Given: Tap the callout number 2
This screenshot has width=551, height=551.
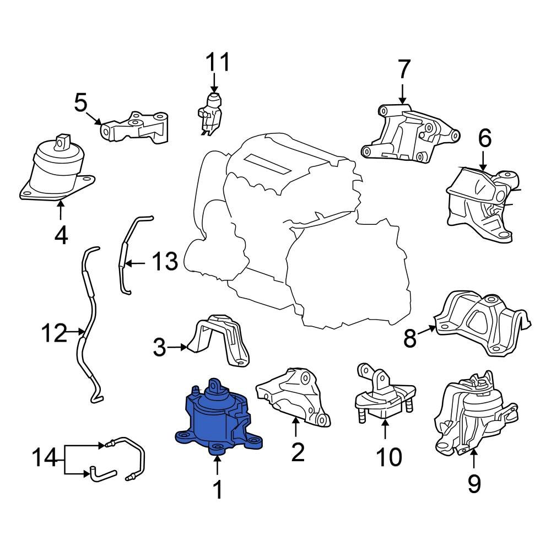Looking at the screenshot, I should coord(297,452).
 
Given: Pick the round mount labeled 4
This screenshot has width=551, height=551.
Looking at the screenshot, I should coord(55,171).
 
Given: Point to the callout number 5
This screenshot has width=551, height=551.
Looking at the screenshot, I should coord(81,103).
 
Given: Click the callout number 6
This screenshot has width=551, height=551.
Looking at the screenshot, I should coord(484,138).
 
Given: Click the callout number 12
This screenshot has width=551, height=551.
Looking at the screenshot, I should coord(54,333).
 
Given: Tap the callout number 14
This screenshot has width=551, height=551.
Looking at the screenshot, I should coord(47,458).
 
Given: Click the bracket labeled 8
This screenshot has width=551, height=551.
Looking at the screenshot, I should coord(482,322).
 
